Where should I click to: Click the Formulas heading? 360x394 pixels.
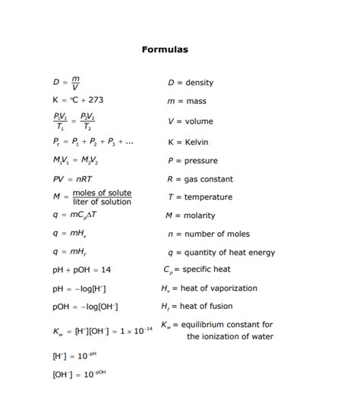(165, 50)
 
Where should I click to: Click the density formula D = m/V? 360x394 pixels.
(67, 83)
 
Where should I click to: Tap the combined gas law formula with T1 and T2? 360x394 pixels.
(74, 121)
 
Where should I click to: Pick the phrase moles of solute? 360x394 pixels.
(102, 193)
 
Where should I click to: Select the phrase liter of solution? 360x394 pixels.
(102, 202)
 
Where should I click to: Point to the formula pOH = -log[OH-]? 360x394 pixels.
(85, 307)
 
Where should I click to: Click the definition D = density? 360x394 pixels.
(190, 83)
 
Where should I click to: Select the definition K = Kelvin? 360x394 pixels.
(188, 142)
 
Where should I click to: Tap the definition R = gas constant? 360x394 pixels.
(200, 179)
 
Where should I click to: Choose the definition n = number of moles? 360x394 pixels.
(207, 234)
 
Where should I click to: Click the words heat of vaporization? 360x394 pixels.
(219, 288)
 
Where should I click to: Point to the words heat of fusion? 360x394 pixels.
(210, 307)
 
